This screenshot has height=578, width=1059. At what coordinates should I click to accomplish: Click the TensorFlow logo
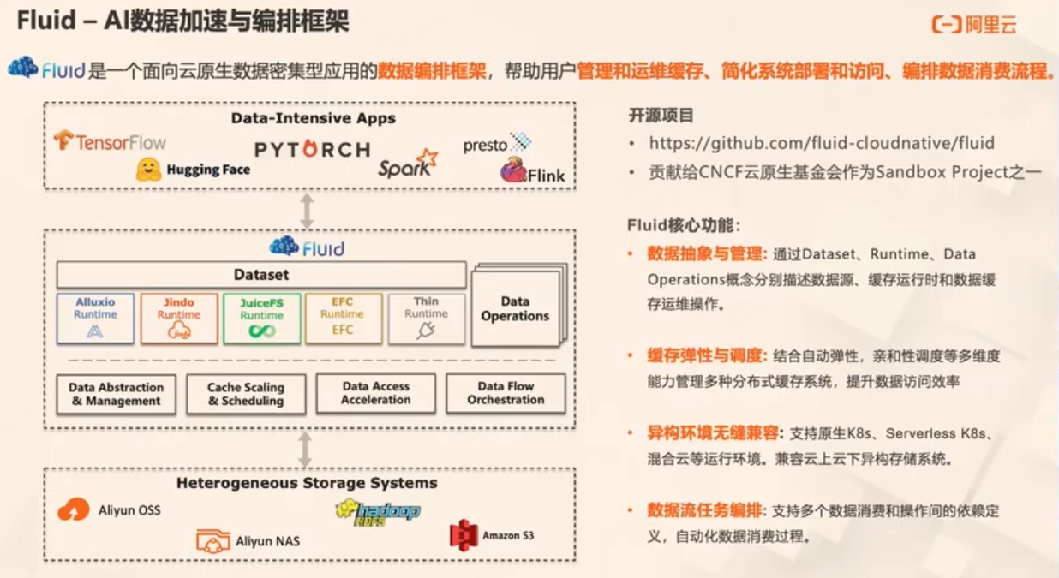pos(109,141)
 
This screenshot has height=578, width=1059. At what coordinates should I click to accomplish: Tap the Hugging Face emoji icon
pos(148,169)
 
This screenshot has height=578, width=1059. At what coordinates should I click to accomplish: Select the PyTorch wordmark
pos(312,149)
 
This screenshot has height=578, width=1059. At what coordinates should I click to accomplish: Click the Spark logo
pos(408,163)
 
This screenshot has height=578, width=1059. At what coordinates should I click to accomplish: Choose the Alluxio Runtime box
pos(95,318)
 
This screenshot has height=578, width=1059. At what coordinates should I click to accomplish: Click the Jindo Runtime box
pos(178,318)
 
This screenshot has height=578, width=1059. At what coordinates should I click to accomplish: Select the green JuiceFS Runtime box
pos(261,318)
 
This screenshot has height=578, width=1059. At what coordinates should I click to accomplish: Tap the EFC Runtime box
pos(342,318)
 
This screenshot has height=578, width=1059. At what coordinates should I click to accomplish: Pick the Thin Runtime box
pos(426,318)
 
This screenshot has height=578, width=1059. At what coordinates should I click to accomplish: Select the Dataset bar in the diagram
pos(261,275)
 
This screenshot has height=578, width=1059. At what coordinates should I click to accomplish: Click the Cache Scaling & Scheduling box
pos(246,394)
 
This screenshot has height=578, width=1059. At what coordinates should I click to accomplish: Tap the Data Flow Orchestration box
pos(506,393)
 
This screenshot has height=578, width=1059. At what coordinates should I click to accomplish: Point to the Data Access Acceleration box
pos(375,393)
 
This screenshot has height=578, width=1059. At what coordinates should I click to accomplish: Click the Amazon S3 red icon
pos(463,535)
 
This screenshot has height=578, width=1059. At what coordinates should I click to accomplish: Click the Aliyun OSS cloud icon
pos(74,510)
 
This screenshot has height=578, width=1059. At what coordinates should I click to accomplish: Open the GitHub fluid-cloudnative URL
pos(821,143)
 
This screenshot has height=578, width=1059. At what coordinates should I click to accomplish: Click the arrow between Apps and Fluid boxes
pos(306,211)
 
